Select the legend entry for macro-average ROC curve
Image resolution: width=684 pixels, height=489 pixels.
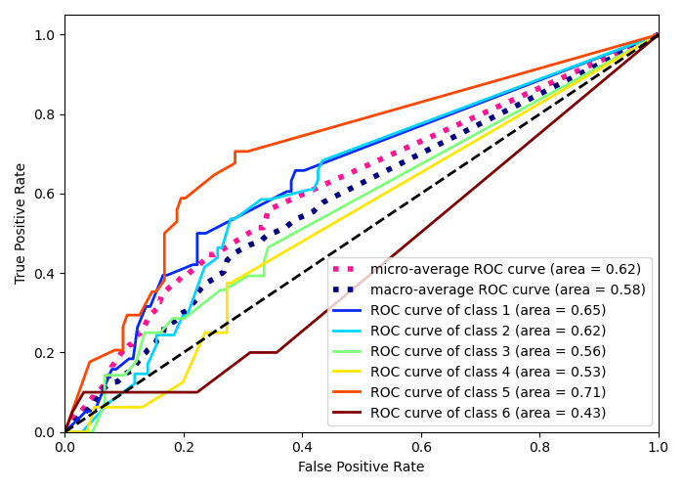[507, 289]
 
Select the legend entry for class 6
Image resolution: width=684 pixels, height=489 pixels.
[488, 413]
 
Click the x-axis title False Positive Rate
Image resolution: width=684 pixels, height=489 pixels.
[362, 467]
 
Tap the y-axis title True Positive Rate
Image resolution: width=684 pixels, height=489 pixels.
[21, 223]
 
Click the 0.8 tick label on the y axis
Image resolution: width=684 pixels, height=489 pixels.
[44, 114]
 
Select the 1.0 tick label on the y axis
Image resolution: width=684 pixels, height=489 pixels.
[44, 35]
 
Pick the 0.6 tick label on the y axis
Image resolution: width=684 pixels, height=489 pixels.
[44, 194]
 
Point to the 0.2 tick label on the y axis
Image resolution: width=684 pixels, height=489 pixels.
[44, 352]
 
